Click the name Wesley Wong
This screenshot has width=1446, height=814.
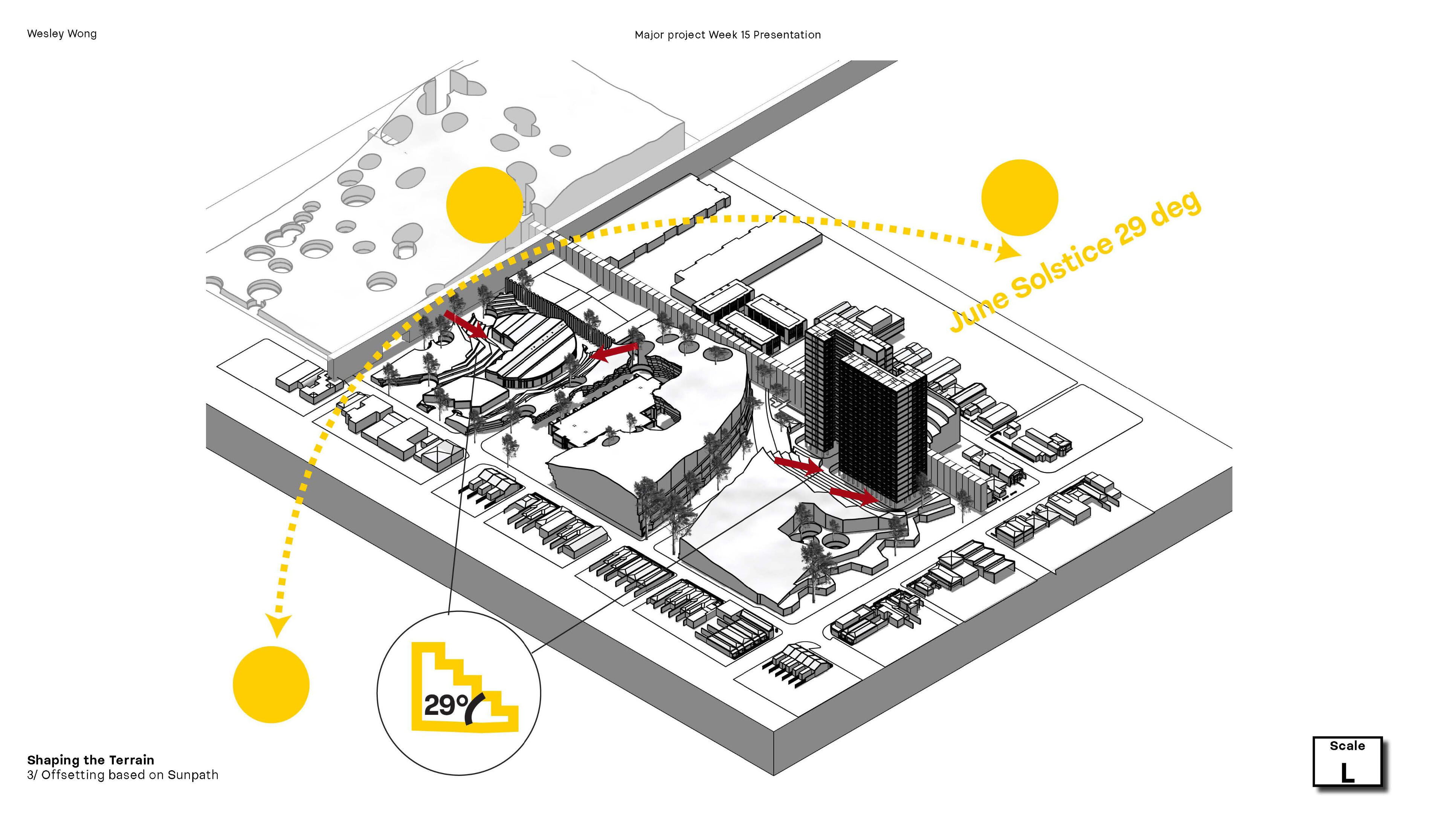tap(62, 34)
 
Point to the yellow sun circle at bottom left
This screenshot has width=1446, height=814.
tap(271, 684)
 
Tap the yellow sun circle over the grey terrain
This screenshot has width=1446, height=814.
tap(484, 205)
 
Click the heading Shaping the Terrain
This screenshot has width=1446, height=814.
tap(90, 760)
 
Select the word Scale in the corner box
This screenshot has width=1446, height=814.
tap(1347, 746)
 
